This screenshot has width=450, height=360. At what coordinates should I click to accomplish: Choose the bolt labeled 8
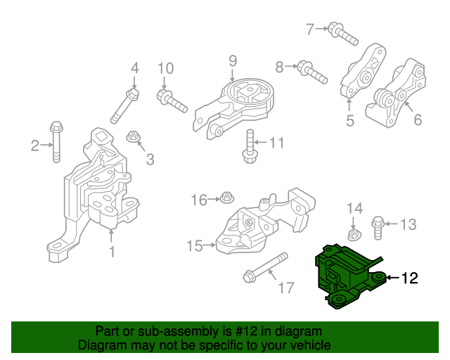coord(312,70)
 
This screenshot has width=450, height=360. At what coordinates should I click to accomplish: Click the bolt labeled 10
coord(172,101)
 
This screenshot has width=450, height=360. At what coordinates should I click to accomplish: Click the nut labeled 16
coord(226,200)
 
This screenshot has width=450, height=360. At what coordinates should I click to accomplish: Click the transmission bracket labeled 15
coord(260,224)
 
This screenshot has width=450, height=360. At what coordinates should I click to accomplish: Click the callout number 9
coord(232,61)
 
